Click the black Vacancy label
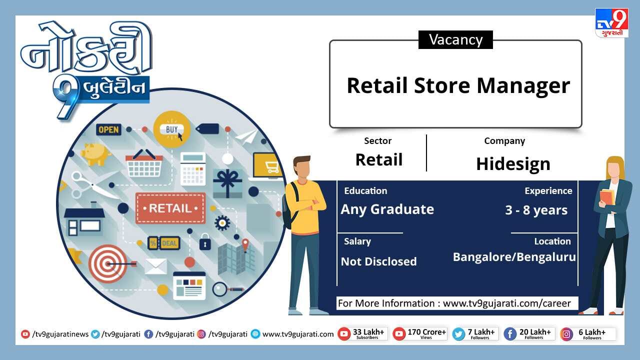[455, 39]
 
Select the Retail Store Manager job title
[458, 85]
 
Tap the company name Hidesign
[513, 164]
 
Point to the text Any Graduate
[387, 209]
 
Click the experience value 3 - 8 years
[536, 210]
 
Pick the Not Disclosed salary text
[379, 261]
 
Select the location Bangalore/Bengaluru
[514, 257]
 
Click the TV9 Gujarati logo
[611, 23]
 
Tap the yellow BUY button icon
[172, 129]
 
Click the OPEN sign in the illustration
[108, 129]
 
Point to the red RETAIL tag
[170, 208]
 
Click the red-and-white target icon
[108, 263]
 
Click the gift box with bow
[227, 183]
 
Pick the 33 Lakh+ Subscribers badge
[362, 333]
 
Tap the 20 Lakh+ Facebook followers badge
[529, 333]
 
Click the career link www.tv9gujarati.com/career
[507, 303]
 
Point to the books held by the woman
[607, 196]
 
